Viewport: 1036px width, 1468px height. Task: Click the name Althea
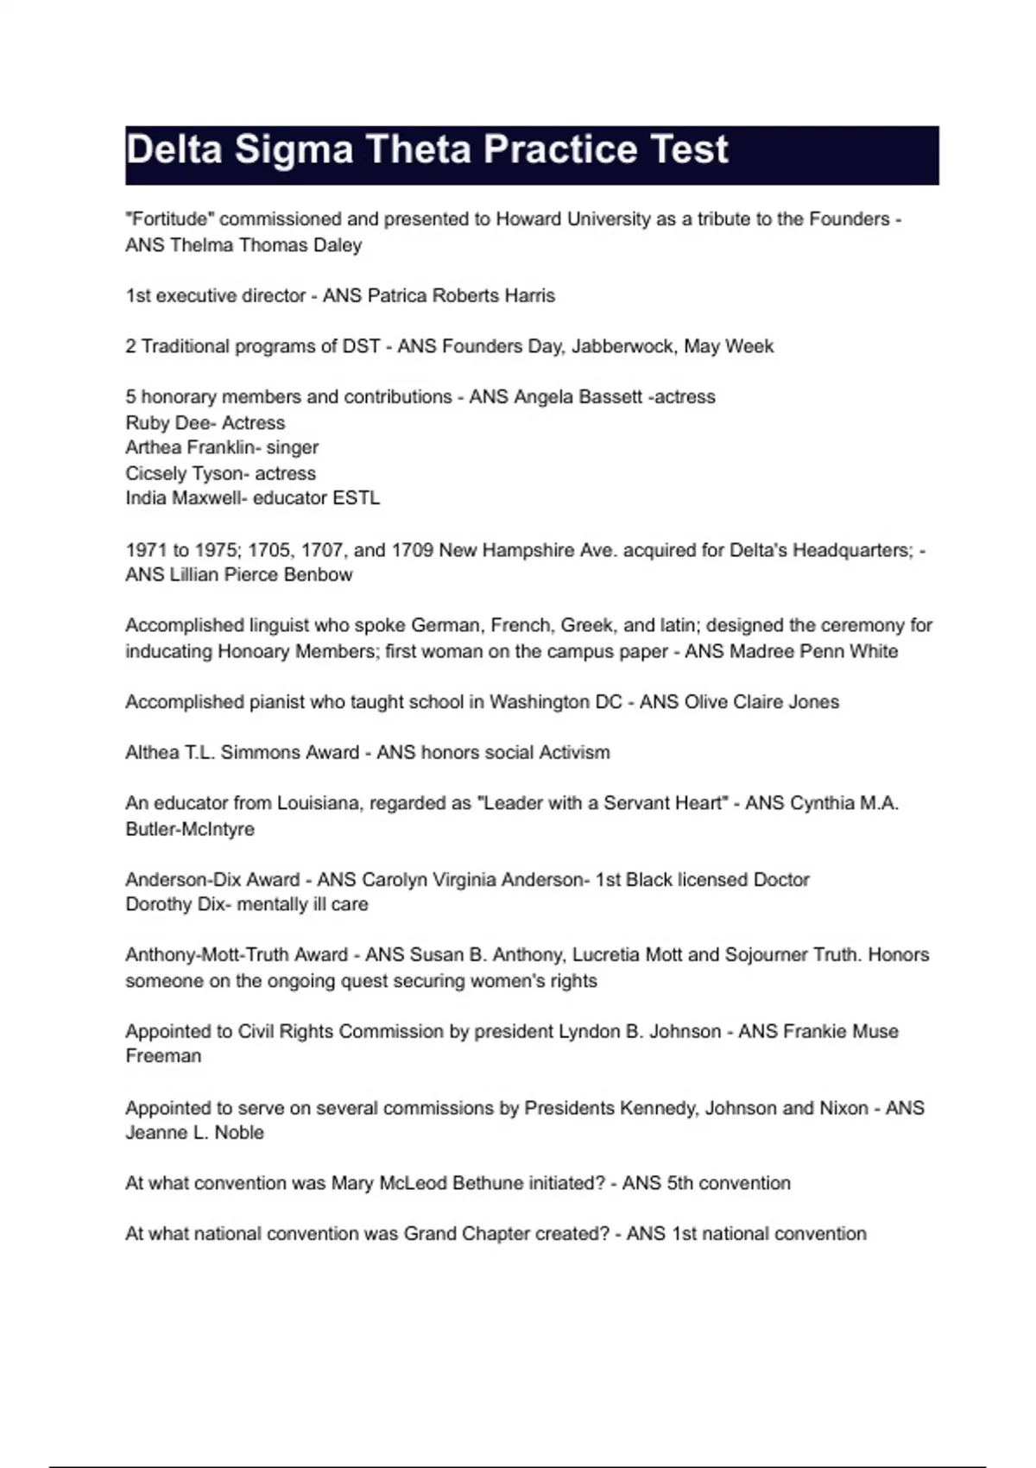pos(152,752)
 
